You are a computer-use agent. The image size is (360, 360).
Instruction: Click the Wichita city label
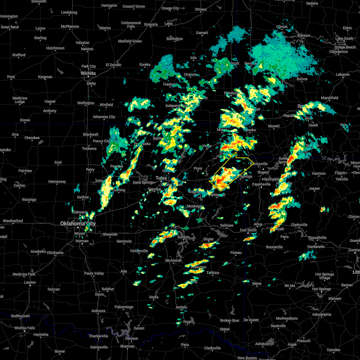88,73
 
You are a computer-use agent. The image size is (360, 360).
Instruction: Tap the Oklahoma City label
78,223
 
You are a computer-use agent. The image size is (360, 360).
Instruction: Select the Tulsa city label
161,178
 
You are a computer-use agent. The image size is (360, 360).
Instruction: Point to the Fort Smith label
248,230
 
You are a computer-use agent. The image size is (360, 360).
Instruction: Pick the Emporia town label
151,25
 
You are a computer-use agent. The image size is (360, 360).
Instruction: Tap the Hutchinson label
55,48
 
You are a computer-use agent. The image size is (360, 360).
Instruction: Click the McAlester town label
173,260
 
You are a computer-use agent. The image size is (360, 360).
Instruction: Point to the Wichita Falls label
25,328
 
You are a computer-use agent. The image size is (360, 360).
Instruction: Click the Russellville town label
317,238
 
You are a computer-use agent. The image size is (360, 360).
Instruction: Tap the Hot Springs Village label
325,276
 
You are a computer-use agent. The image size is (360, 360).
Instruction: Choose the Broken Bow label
229,320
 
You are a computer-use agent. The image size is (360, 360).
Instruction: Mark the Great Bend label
10,27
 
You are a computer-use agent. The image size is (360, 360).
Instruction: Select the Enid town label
58,163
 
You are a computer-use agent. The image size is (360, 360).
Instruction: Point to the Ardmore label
98,311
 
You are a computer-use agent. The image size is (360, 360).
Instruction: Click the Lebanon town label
343,75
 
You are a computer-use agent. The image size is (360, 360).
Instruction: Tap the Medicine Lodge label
20,100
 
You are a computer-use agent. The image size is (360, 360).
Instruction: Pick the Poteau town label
236,253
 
